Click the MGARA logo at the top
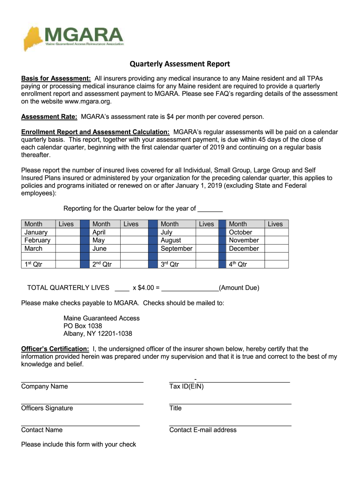74,37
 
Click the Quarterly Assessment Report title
180,64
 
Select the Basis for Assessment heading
56,78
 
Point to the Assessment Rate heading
49,116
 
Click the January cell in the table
36,232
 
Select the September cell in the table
176,248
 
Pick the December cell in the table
244,248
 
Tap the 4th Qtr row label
238,264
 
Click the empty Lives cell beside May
134,240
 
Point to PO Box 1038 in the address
83,326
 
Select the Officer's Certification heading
55,349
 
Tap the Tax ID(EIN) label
187,386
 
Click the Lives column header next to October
275,224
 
